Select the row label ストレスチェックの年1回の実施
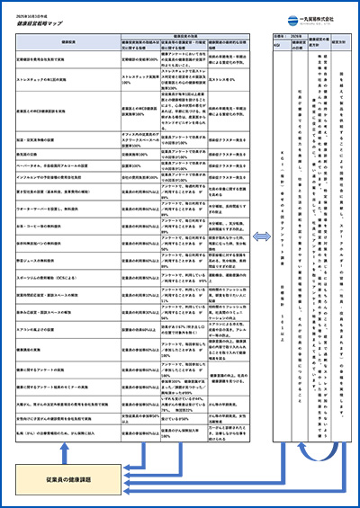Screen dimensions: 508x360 pos(50,77)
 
